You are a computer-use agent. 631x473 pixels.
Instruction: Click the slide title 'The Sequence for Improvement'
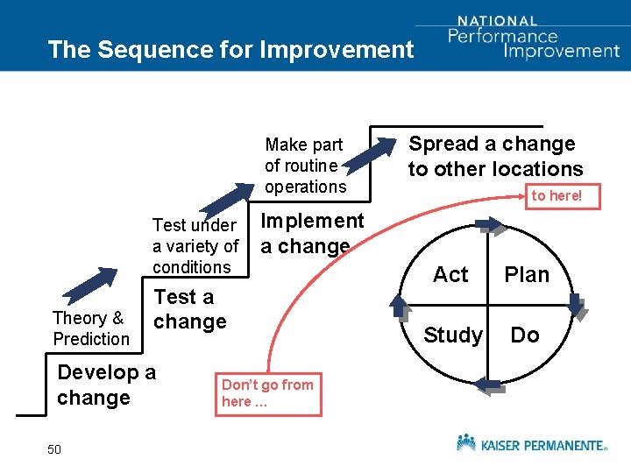pos(230,49)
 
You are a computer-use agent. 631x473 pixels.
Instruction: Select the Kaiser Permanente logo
pos(531,443)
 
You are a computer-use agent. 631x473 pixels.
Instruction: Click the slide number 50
pos(54,449)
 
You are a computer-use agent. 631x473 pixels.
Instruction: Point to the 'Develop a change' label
pos(106,385)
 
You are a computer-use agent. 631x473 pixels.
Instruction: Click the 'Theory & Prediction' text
pos(91,328)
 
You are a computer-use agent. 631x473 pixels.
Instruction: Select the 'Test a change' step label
pos(189,309)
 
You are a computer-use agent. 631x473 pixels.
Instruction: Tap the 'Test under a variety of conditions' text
pos(195,246)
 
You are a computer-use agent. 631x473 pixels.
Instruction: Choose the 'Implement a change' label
pos(312,234)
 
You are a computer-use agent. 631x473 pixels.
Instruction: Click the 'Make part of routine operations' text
pos(305,166)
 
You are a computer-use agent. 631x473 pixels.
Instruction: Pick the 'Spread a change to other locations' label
pos(495,156)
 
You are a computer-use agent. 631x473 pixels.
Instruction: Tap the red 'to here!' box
pos(557,195)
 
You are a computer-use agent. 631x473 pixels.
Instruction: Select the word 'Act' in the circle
pos(450,275)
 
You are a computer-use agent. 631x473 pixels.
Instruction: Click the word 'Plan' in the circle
pos(527,275)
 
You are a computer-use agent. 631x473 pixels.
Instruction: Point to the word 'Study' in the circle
pos(452,335)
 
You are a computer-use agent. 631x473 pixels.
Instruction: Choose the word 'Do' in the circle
pos(525,335)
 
